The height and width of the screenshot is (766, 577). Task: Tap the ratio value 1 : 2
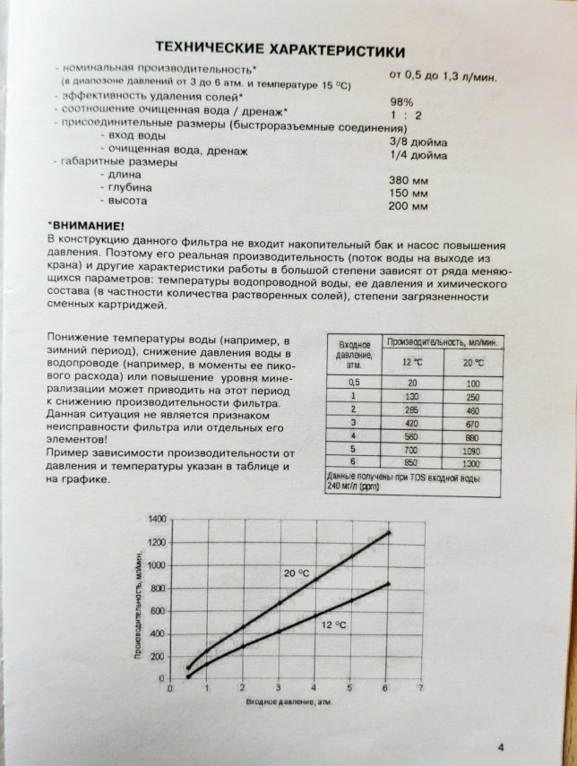404,114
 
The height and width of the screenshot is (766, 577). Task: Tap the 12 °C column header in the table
412,362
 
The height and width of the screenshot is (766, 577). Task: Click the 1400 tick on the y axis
157,520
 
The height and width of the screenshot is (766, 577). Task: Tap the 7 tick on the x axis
419,689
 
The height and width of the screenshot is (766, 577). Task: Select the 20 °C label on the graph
297,572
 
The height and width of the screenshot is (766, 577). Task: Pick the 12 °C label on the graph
333,624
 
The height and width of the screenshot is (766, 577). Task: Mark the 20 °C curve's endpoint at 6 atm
388,533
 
